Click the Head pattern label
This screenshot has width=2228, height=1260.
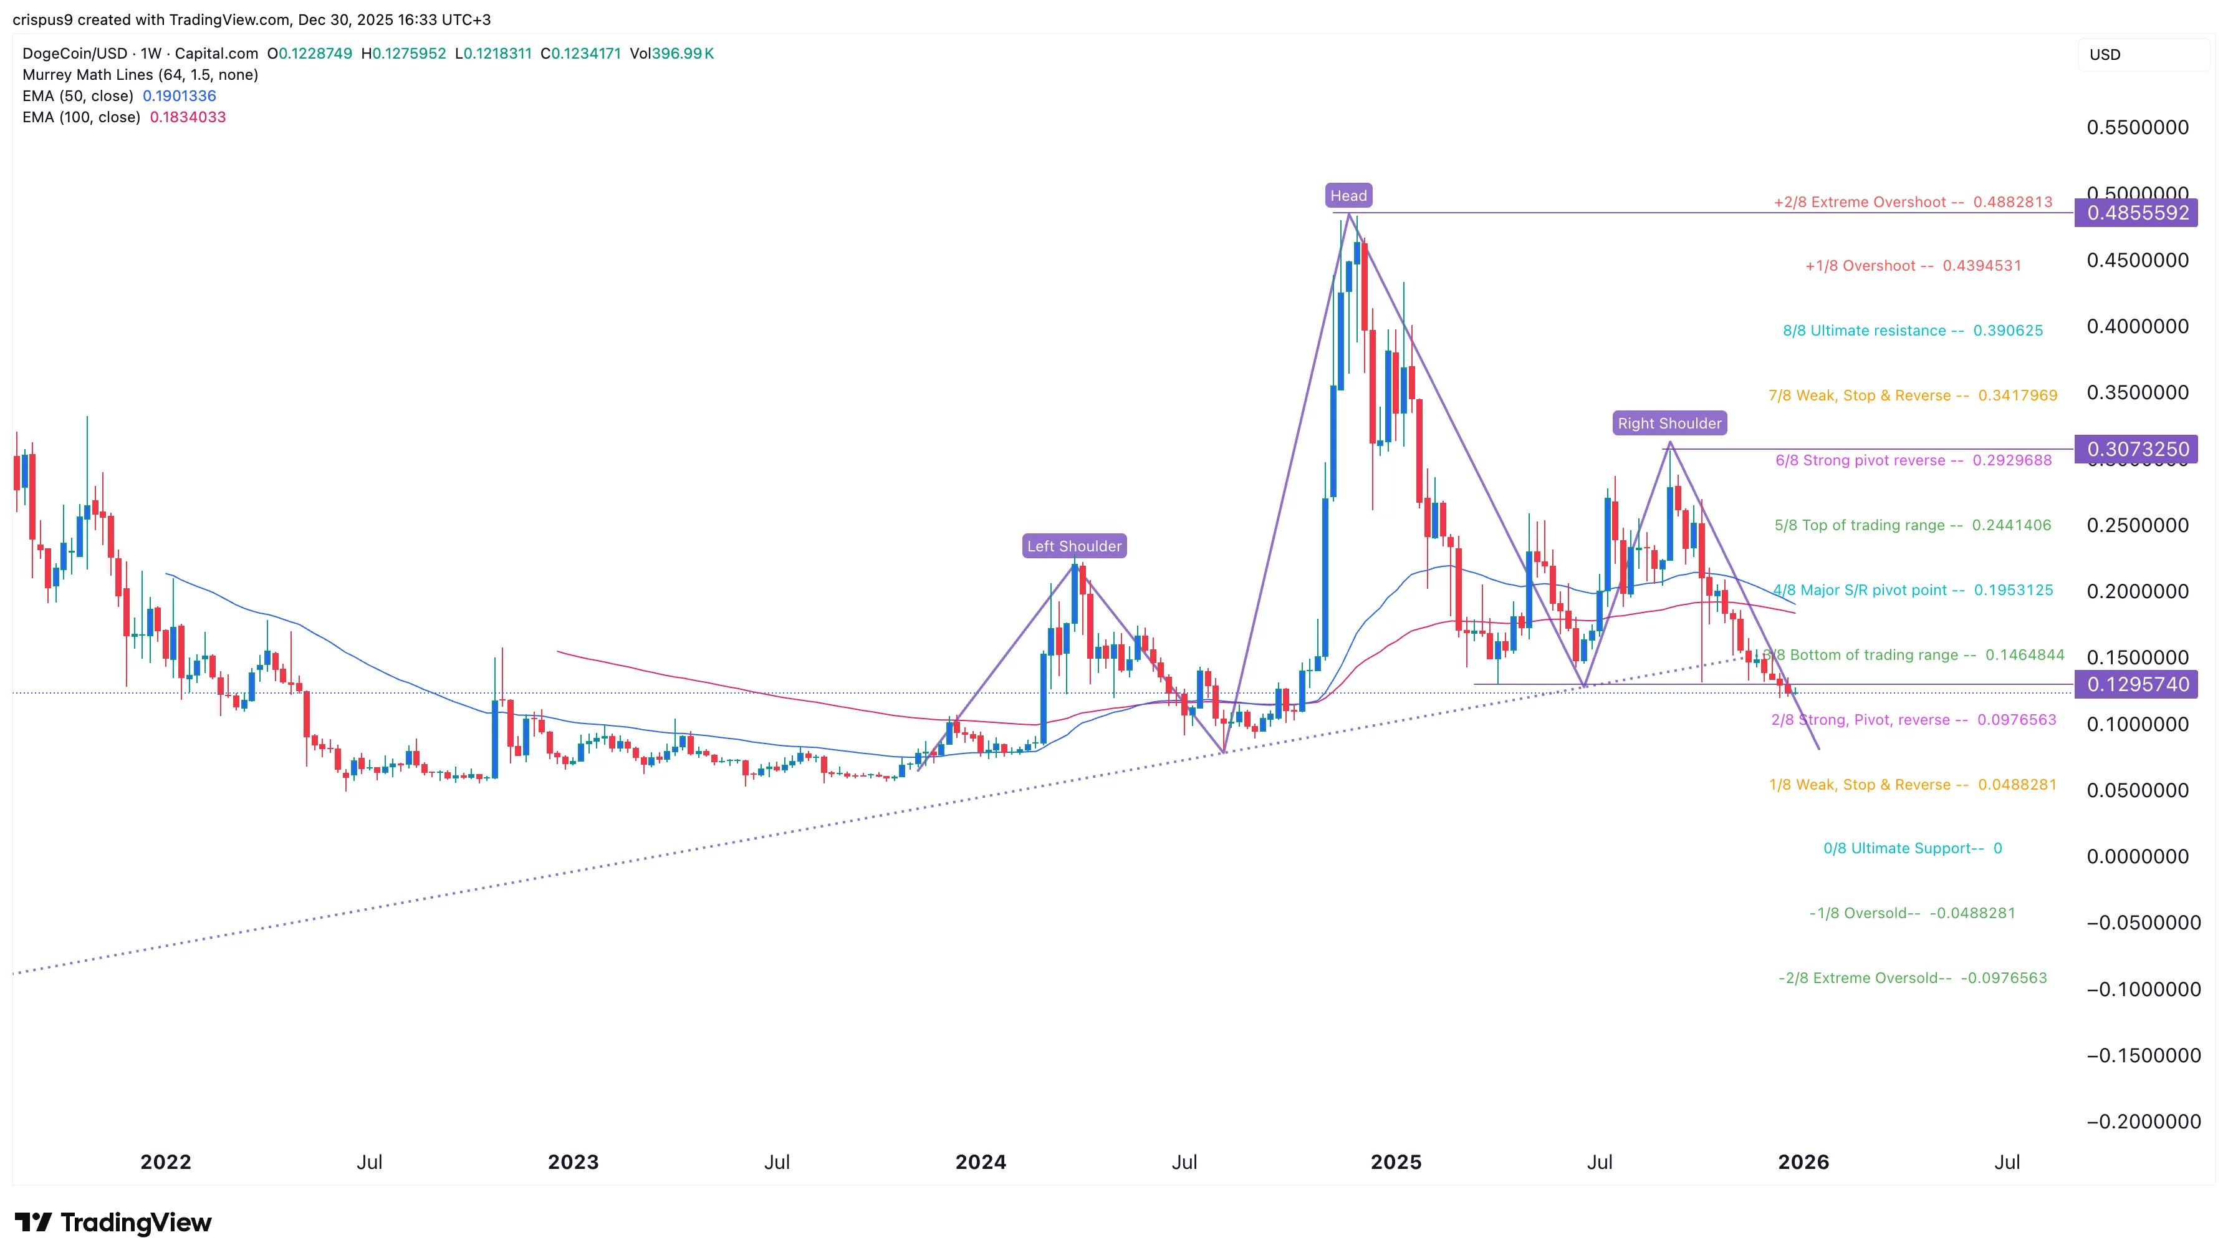click(x=1348, y=196)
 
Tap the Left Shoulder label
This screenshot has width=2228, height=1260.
click(x=1073, y=546)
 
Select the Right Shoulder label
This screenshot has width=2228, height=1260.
click(x=1669, y=423)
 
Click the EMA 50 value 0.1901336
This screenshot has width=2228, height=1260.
click(x=179, y=96)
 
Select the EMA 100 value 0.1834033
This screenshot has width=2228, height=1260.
click(x=188, y=117)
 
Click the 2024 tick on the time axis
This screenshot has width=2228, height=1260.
click(x=980, y=1161)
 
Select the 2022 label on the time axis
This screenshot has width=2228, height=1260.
click(x=165, y=1161)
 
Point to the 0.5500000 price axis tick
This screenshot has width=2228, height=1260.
click(x=2137, y=127)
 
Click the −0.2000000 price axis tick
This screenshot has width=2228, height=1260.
click(x=2143, y=1122)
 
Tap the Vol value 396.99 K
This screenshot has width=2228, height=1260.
click(x=683, y=54)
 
